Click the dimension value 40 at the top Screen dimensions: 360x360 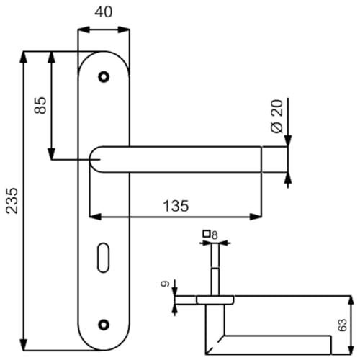click(104, 12)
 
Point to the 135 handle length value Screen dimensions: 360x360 click(175, 206)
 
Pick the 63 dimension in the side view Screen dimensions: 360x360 click(343, 325)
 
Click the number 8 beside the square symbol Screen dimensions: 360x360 click(215, 234)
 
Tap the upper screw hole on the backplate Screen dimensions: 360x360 click(104, 75)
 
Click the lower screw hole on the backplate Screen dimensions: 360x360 click(104, 325)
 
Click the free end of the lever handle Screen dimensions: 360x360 click(274, 159)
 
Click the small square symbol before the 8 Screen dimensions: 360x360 click(207, 234)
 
